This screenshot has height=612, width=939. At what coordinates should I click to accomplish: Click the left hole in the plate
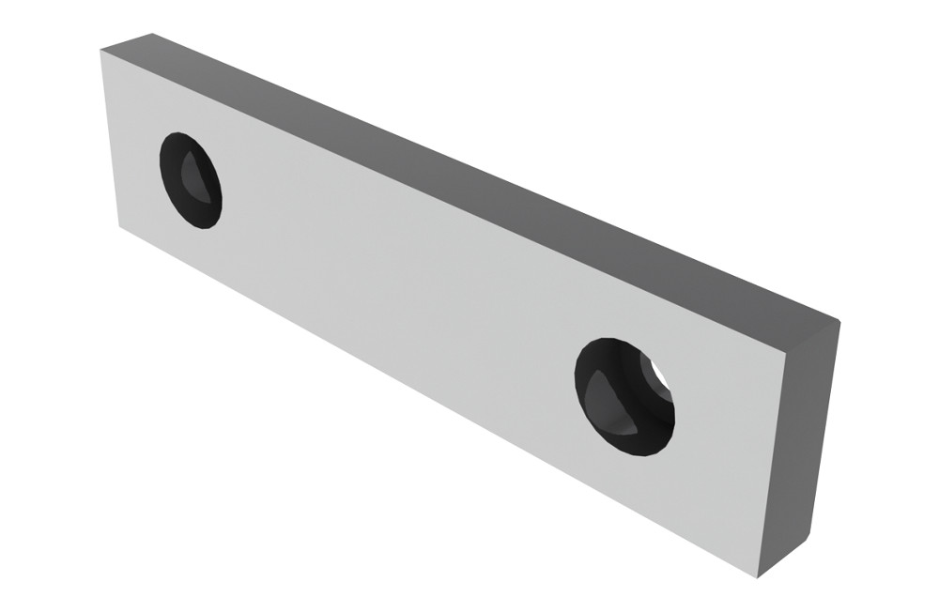pyautogui.click(x=191, y=181)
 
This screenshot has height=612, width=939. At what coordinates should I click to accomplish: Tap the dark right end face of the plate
pyautogui.click(x=815, y=441)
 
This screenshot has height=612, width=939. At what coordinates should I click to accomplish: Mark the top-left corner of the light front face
pyautogui.click(x=101, y=51)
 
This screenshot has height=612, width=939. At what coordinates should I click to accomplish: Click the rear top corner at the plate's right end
pyautogui.click(x=839, y=321)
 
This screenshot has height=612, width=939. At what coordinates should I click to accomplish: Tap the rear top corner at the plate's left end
pyautogui.click(x=150, y=34)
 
